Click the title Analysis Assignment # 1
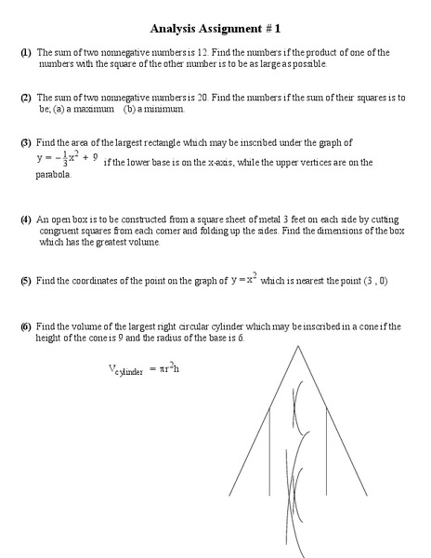pyautogui.click(x=215, y=29)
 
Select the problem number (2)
pyautogui.click(x=26, y=97)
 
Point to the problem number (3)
pyautogui.click(x=26, y=142)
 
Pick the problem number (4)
pyautogui.click(x=26, y=219)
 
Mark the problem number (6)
pyautogui.click(x=26, y=325)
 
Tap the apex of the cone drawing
pyautogui.click(x=295, y=347)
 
